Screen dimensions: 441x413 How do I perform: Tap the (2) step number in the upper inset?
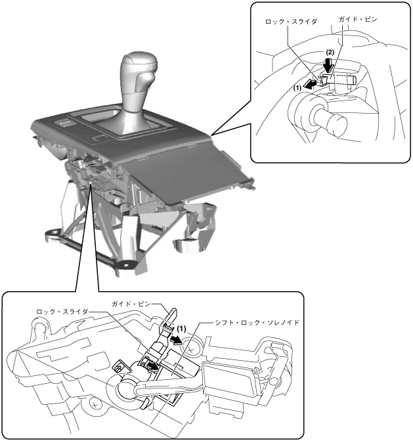(x=331, y=51)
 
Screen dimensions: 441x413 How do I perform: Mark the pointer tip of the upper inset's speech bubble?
(x=213, y=135)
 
